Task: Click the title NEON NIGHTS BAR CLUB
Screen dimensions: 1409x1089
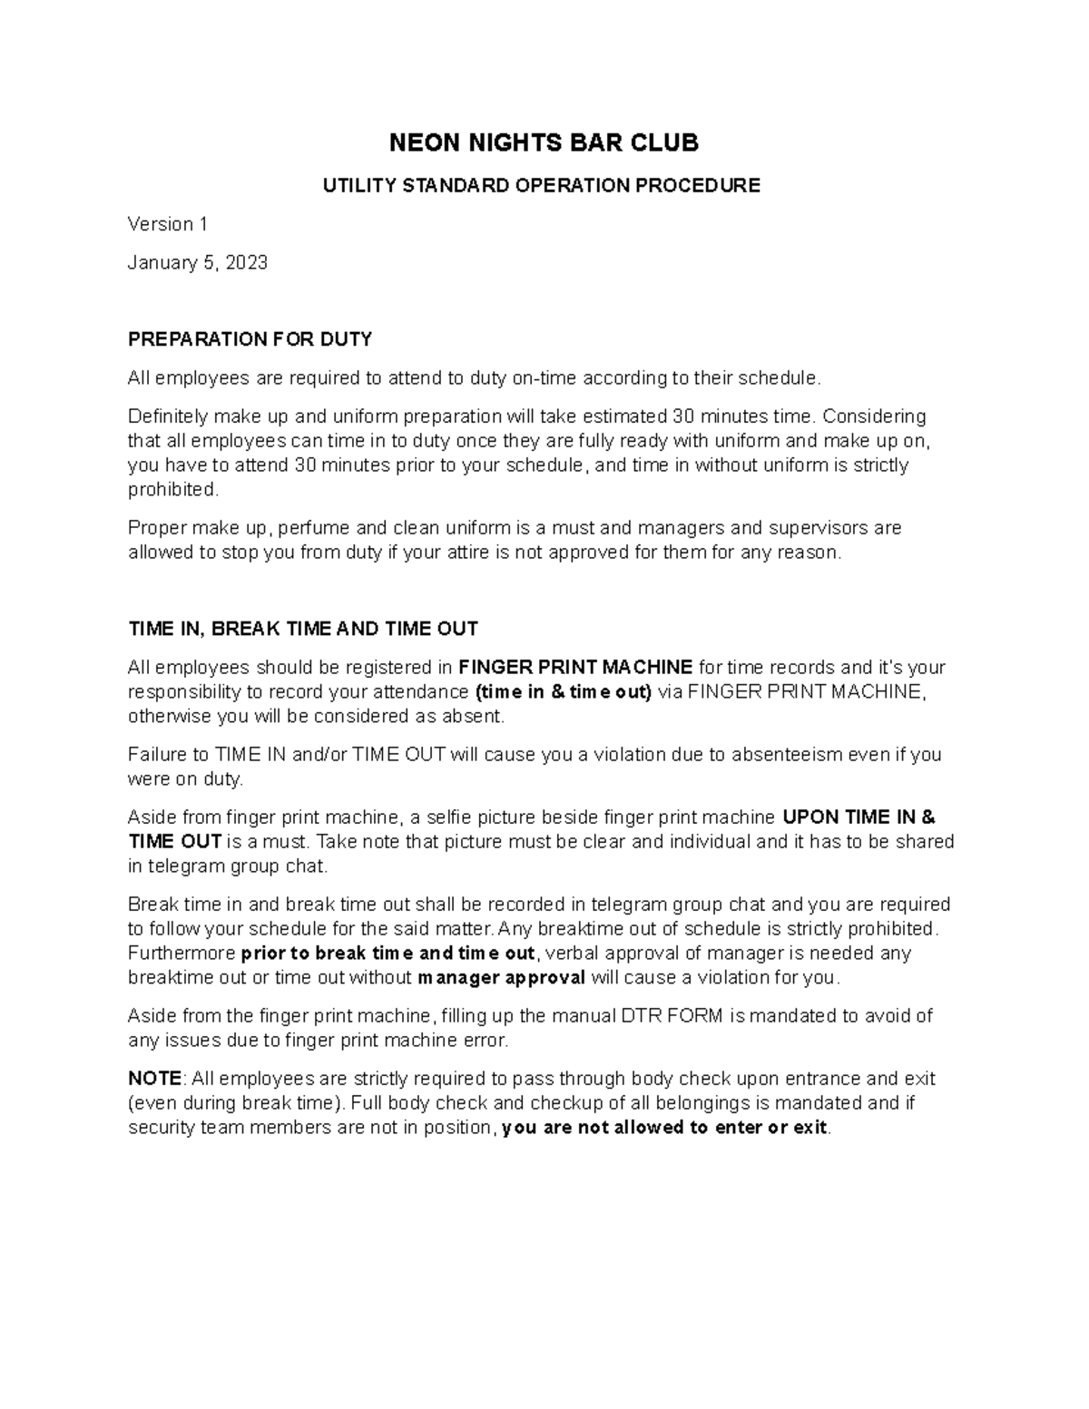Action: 544,142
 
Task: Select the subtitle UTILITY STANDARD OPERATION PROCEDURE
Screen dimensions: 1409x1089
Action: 543,186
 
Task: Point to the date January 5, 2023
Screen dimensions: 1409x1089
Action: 198,263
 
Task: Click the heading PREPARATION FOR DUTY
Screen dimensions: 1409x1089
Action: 250,339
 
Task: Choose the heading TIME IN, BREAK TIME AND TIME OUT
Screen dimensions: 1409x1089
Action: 303,629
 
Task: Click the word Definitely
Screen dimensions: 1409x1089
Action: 168,416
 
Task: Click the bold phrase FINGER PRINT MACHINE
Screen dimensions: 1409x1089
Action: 576,668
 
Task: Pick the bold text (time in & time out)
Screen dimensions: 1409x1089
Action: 564,692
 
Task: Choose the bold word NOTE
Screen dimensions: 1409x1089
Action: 155,1079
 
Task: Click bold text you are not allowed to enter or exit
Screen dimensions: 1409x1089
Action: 664,1128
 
